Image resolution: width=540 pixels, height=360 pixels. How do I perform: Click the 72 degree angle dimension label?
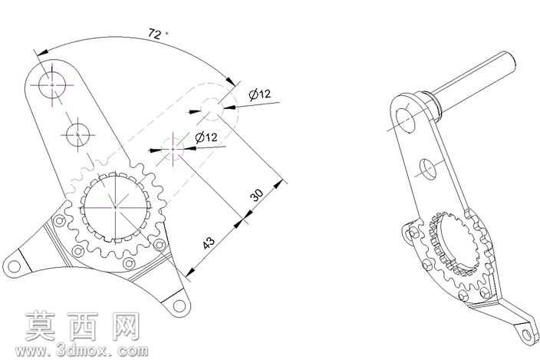156,34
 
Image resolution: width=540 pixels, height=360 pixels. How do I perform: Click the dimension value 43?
209,243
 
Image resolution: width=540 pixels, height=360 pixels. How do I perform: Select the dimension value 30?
256,195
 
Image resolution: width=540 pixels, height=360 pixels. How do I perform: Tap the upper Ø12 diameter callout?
260,94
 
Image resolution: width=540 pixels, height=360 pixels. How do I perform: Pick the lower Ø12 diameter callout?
206,137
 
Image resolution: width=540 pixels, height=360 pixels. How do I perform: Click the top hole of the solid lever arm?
52,84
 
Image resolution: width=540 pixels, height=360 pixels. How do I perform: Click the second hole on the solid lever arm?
77,134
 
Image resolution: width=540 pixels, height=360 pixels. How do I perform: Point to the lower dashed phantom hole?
173,149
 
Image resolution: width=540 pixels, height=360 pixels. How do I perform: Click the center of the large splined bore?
115,207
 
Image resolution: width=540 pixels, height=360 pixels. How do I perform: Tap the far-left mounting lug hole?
14,266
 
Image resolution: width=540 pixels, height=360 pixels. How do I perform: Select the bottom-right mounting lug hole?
179,306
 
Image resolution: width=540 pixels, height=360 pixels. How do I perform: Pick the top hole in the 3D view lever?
406,120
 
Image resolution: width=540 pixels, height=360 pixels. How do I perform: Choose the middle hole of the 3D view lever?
428,169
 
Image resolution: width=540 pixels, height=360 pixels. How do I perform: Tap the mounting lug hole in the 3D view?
527,336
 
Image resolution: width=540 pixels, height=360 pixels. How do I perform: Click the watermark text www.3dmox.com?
81,351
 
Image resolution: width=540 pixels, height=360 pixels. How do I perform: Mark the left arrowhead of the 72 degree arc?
42,53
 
